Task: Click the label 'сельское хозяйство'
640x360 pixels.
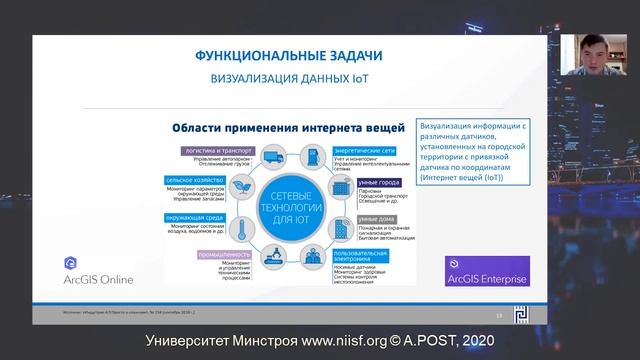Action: (x=196, y=180)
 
